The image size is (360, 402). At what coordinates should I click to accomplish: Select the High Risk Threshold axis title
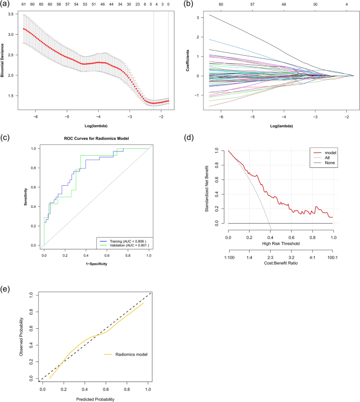[x=281, y=243]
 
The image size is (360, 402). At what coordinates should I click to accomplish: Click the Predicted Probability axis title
[x=96, y=398]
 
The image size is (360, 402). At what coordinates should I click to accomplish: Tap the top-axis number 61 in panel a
[x=24, y=3]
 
